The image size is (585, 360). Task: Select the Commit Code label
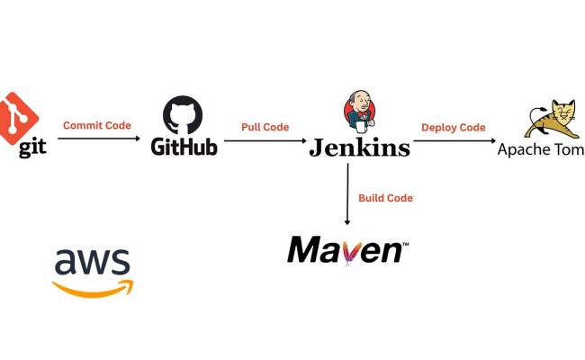click(96, 125)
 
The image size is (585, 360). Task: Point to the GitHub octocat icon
click(183, 115)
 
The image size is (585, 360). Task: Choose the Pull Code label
click(265, 127)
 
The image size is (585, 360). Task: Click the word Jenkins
click(359, 148)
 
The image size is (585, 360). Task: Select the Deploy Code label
click(453, 127)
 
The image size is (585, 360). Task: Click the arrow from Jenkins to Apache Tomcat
click(453, 139)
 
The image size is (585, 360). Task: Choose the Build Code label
click(385, 197)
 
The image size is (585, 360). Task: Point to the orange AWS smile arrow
click(93, 287)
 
